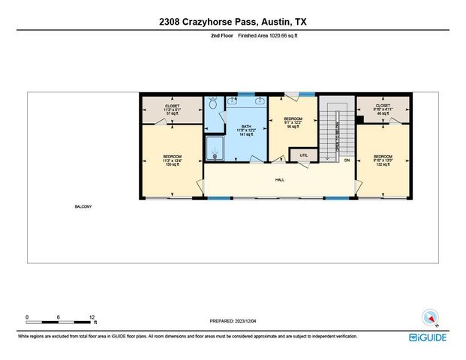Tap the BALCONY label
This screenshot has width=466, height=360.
click(83, 207)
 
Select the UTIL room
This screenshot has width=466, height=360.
click(304, 155)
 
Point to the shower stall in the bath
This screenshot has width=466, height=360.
click(215, 148)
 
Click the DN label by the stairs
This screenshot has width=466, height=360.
click(347, 160)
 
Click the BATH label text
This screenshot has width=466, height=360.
click(247, 126)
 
